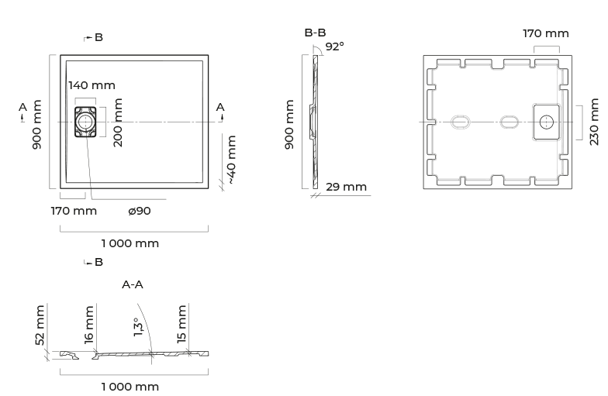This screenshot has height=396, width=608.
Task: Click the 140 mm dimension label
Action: (92, 85)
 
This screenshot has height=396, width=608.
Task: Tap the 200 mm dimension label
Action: (118, 122)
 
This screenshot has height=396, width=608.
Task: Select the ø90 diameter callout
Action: (140, 211)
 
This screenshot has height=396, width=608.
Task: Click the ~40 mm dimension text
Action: (231, 160)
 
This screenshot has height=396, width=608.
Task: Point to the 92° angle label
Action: (335, 46)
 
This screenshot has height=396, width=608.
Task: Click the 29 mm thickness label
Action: (346, 187)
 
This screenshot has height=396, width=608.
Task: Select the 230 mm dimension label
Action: (594, 122)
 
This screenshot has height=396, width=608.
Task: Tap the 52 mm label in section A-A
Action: (40, 325)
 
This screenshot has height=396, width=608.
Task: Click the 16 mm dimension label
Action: (88, 324)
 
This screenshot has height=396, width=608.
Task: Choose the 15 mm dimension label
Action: (181, 324)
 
